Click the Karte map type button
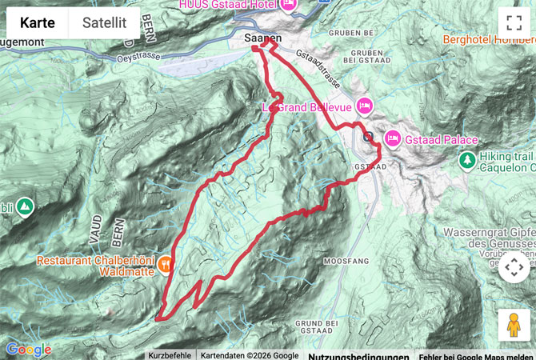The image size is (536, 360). [x=38, y=23]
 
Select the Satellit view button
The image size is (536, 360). [x=104, y=23]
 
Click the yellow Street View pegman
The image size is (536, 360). [x=513, y=325]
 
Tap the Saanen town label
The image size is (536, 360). [x=262, y=37]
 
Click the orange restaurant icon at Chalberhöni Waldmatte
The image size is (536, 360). [x=166, y=261]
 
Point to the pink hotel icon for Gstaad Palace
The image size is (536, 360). [x=393, y=138]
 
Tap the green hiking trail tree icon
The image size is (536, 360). [x=466, y=161]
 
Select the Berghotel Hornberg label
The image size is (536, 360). [x=486, y=38]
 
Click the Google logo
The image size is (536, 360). [x=28, y=350]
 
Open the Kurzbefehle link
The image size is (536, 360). [x=170, y=355]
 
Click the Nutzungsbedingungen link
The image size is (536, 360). [x=358, y=356]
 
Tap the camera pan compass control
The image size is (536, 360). [x=513, y=267]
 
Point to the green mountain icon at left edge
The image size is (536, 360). [x=24, y=206]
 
